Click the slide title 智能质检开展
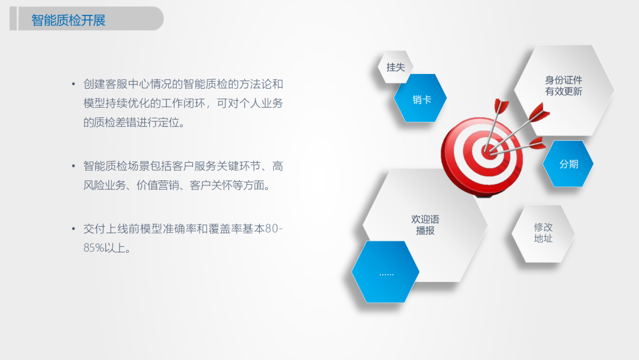pos(69,20)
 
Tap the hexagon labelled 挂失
pos(395,67)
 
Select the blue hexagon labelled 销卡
pos(421,98)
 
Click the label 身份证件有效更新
pos(564,86)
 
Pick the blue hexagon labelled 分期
pos(568,164)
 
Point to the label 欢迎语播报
pos(425,224)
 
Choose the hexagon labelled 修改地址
pos(543,233)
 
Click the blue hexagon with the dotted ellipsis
pos(386,272)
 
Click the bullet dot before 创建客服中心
pos(73,85)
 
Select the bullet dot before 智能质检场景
pos(73,166)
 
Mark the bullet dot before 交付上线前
pos(73,229)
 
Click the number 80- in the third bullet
pos(274,229)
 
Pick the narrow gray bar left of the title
pos(13,18)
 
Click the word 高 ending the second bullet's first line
pos(277,166)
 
